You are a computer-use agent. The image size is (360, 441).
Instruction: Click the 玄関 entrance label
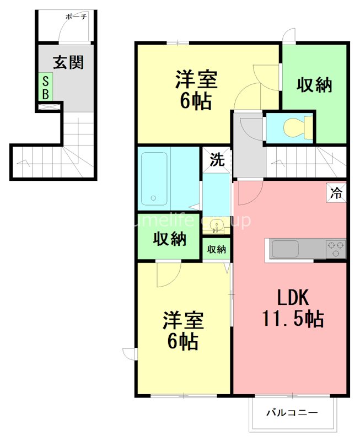(x=68, y=62)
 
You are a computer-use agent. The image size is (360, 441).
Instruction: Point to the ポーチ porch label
(x=76, y=17)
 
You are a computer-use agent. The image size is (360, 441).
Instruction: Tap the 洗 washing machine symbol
(x=217, y=160)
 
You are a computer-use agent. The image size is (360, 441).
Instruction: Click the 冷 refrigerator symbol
(x=335, y=193)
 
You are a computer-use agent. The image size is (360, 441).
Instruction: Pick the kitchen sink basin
(x=284, y=249)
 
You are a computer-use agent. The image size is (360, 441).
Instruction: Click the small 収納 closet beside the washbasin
(x=217, y=249)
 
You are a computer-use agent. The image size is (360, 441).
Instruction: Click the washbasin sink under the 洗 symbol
(x=217, y=225)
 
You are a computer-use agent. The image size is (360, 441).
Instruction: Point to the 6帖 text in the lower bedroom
(x=183, y=342)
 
